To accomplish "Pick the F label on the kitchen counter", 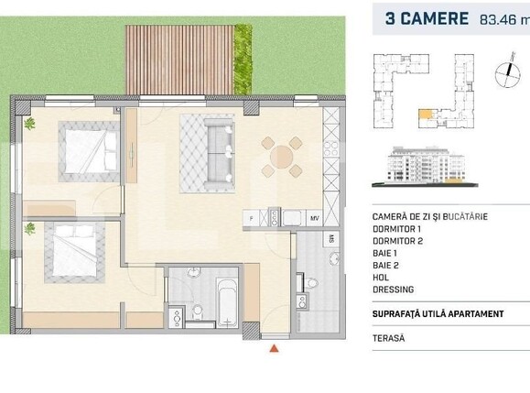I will point(248,218).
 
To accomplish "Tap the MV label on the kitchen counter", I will point(314,218).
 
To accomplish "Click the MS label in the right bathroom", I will point(331,240).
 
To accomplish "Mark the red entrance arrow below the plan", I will point(271,348).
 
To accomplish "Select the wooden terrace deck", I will point(179,60).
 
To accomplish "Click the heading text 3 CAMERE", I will point(427,18).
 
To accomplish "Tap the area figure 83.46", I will point(499,19).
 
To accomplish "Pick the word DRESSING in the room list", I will point(394,289).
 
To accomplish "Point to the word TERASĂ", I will point(389,338).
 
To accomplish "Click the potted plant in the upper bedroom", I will point(30,124).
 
